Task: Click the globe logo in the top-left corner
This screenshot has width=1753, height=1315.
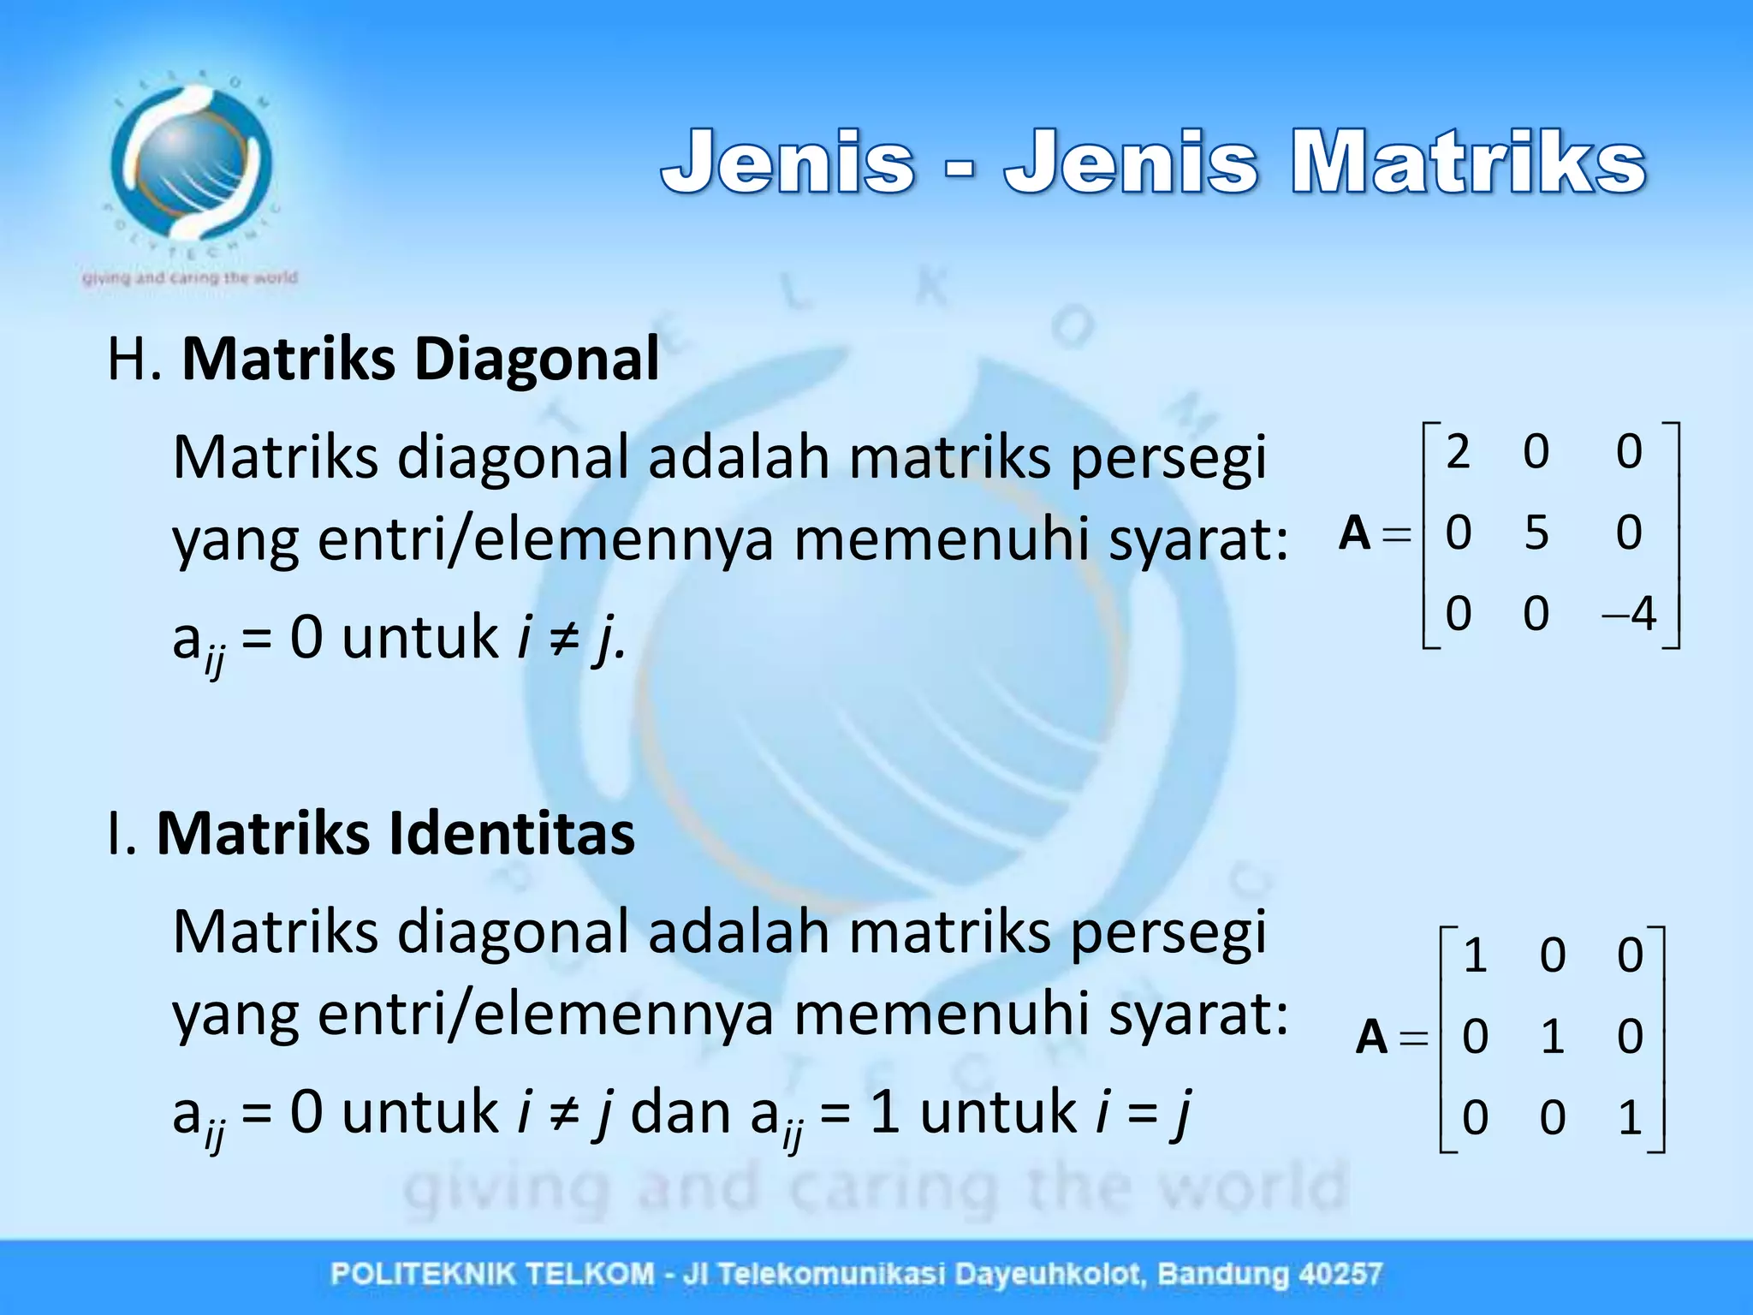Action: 190,163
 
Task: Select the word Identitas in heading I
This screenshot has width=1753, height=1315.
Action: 511,833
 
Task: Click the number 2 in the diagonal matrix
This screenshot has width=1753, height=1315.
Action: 1458,451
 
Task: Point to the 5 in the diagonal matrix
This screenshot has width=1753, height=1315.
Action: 1536,533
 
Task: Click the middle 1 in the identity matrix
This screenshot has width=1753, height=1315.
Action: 1553,1037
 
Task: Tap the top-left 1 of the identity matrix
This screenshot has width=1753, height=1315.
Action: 1474,955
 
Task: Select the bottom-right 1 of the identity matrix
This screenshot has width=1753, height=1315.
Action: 1630,1117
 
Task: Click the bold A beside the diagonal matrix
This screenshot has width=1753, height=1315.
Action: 1354,533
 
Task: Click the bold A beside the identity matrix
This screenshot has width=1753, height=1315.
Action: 1371,1037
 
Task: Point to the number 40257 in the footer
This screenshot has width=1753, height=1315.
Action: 1340,1274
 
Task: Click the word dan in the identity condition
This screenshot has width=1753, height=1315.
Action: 681,1112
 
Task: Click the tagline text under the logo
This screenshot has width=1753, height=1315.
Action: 190,277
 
